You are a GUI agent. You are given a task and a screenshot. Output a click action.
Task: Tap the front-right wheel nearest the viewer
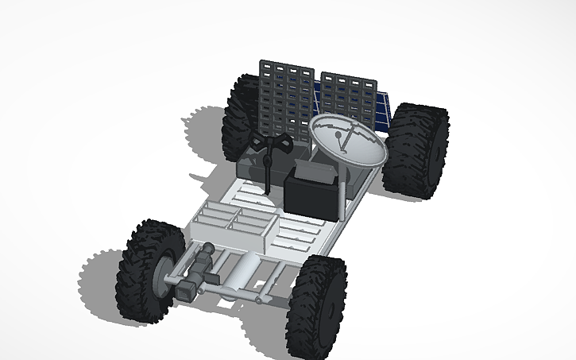[x=318, y=307]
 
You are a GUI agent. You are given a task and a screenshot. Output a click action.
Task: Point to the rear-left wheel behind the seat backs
[x=239, y=115]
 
